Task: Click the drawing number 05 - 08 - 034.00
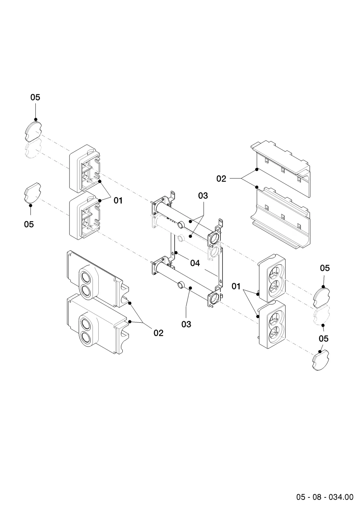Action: (x=325, y=497)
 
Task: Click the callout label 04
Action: (x=195, y=263)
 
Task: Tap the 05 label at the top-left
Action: (x=35, y=97)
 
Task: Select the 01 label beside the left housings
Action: (x=118, y=200)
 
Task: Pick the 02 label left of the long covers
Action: (x=221, y=179)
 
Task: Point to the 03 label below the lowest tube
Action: (x=186, y=325)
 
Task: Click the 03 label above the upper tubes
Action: (x=203, y=196)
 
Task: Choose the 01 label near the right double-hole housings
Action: (x=236, y=287)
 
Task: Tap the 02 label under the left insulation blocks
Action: (x=158, y=333)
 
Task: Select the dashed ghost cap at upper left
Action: (x=33, y=148)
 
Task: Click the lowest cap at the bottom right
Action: (x=320, y=360)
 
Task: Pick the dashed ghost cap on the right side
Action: (x=322, y=315)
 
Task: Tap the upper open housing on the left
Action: (x=85, y=169)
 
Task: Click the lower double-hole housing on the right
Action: (x=272, y=325)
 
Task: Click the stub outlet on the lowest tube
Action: (x=181, y=285)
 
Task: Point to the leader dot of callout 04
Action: (x=176, y=252)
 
